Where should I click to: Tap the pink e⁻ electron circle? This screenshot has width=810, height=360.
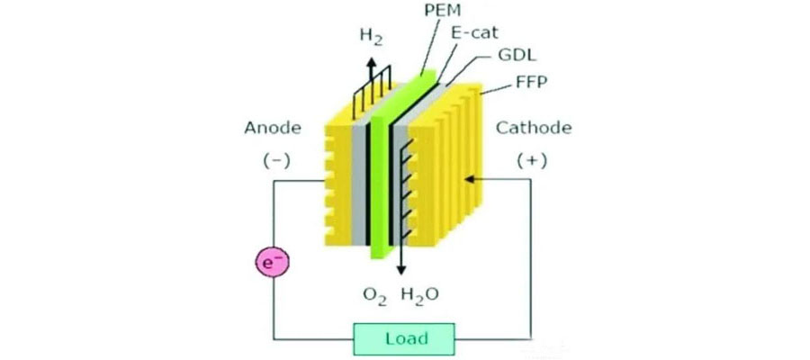point(272,263)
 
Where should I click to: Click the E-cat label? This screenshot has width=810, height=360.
point(473,33)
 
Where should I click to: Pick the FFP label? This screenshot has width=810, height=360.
point(528,81)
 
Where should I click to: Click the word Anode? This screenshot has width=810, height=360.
point(272,128)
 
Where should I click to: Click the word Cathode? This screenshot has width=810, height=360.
point(534,128)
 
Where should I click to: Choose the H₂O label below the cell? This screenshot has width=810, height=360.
point(420,296)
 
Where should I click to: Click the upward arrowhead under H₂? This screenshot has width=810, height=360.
point(371,61)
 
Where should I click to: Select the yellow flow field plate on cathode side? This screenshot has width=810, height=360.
point(445,166)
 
